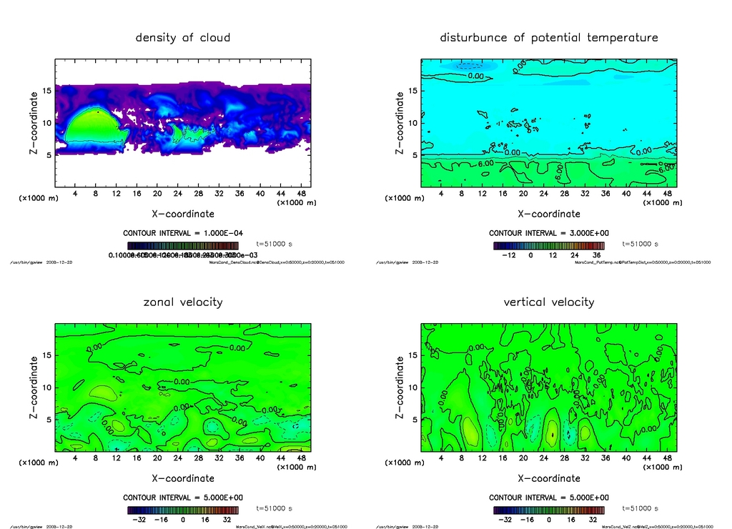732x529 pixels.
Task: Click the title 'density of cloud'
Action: click(x=183, y=37)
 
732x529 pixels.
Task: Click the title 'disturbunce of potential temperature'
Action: click(x=548, y=37)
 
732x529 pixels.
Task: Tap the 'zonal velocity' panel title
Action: click(x=183, y=302)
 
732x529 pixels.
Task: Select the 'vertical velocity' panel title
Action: click(x=548, y=302)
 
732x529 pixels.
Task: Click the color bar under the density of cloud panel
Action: click(x=182, y=245)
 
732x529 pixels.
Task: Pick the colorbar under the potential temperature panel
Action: click(x=548, y=245)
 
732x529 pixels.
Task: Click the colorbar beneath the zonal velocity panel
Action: click(x=182, y=510)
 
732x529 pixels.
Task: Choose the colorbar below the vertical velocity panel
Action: click(x=548, y=510)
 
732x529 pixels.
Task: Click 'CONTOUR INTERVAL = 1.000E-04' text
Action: click(x=182, y=233)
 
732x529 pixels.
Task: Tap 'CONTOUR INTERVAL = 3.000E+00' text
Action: click(x=548, y=233)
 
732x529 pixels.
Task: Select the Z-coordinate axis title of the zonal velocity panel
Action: click(x=34, y=390)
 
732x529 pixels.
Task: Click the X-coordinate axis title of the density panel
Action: click(x=183, y=214)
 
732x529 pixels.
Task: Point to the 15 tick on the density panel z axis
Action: click(x=48, y=91)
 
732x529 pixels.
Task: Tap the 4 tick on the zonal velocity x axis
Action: click(x=75, y=458)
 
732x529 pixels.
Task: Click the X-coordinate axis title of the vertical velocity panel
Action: click(x=548, y=478)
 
